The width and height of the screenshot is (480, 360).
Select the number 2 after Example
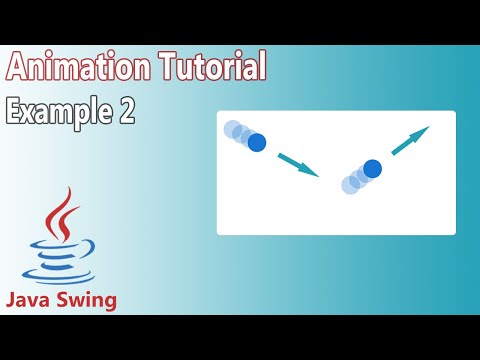tap(126, 110)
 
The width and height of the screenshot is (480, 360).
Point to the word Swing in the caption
tap(86, 300)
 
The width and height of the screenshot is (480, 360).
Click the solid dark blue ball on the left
tap(257, 142)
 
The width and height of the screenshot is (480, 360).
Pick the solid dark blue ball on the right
tap(372, 169)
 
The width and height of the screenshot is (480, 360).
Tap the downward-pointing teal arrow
tap(297, 164)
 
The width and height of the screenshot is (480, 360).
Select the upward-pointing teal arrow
tap(410, 141)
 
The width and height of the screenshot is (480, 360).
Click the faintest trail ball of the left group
tap(234, 130)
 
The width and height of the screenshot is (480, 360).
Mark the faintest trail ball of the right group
tap(350, 184)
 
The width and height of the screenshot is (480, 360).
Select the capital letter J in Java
tap(12, 299)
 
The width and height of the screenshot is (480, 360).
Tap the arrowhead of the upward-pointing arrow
tap(424, 131)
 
